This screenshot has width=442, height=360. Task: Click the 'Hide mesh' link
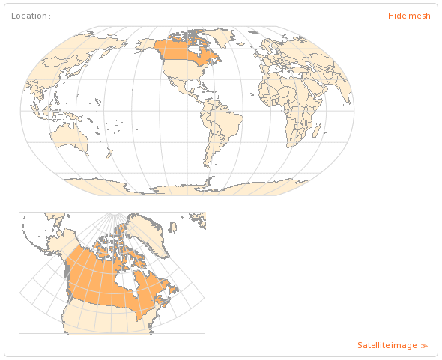(409, 16)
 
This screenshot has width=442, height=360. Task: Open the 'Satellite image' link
(387, 345)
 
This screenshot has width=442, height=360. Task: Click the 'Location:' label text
(31, 16)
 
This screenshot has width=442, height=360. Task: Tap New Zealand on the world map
(109, 153)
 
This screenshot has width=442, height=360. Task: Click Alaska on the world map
(147, 44)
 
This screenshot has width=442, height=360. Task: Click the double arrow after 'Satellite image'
(425, 346)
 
